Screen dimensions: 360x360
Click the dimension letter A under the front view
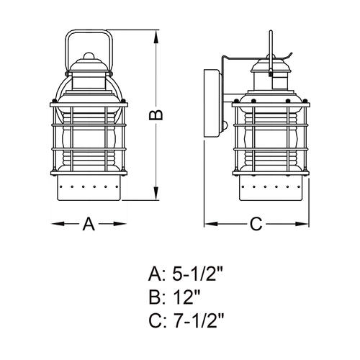tap(89, 224)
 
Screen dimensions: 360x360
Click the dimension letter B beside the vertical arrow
tap(156, 115)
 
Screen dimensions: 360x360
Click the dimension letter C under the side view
tap(256, 224)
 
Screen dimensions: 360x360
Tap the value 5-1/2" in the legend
tap(198, 275)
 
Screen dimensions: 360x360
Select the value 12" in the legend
tap(186, 297)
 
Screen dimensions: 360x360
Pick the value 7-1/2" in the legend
tap(198, 321)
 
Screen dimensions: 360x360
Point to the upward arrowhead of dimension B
tap(156, 37)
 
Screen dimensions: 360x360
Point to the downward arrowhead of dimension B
tap(156, 193)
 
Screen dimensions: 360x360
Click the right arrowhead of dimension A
tap(120, 224)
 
